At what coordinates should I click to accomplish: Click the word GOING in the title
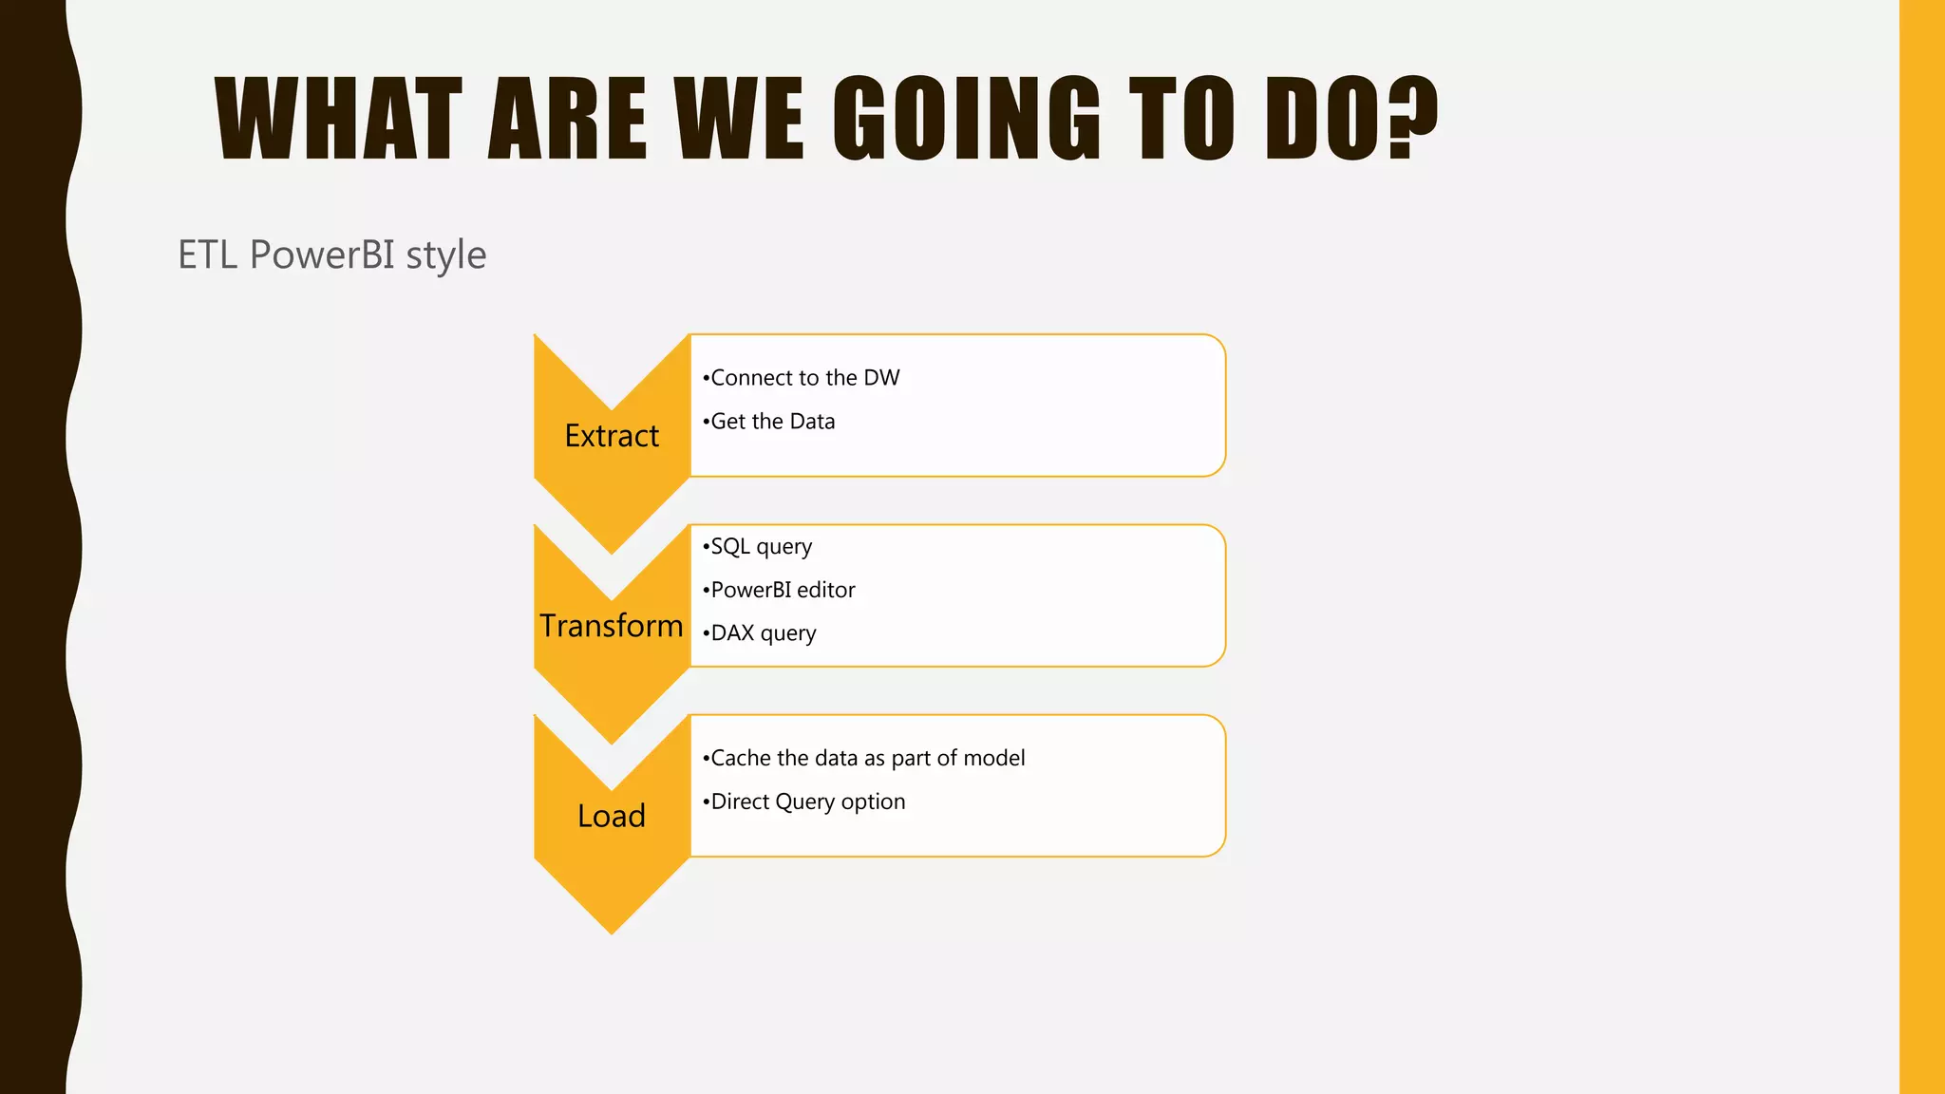click(967, 119)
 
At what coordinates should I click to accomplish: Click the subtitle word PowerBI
click(321, 255)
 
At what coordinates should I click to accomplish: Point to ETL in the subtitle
click(207, 255)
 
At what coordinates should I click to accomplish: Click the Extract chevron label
click(612, 436)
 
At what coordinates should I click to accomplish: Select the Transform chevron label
click(612, 626)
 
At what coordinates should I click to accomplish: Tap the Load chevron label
click(612, 816)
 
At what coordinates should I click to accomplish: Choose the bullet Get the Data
click(772, 422)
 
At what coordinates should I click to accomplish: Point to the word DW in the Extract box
click(881, 378)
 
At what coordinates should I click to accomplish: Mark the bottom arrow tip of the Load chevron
click(613, 929)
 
